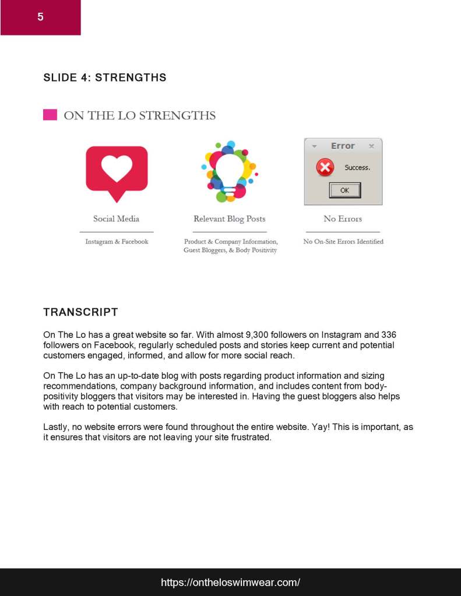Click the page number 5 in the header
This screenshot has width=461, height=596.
[x=40, y=17]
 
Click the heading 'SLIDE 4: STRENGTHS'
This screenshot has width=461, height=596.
[x=105, y=77]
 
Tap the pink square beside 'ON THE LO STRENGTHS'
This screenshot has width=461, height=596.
[x=50, y=115]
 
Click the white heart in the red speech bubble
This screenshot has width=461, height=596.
[x=117, y=169]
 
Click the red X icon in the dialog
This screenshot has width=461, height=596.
[x=325, y=168]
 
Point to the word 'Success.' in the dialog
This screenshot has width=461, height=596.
[x=357, y=168]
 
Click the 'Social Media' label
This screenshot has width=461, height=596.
[x=116, y=219]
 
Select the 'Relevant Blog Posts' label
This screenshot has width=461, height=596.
[x=229, y=219]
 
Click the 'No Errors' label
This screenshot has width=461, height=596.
[x=343, y=219]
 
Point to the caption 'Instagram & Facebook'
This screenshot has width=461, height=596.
[x=117, y=242]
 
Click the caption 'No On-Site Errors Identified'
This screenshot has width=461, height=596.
[x=343, y=242]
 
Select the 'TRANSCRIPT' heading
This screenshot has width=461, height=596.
[x=80, y=312]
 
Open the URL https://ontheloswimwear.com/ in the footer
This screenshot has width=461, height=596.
[x=230, y=582]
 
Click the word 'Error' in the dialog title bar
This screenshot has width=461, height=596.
[x=343, y=146]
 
